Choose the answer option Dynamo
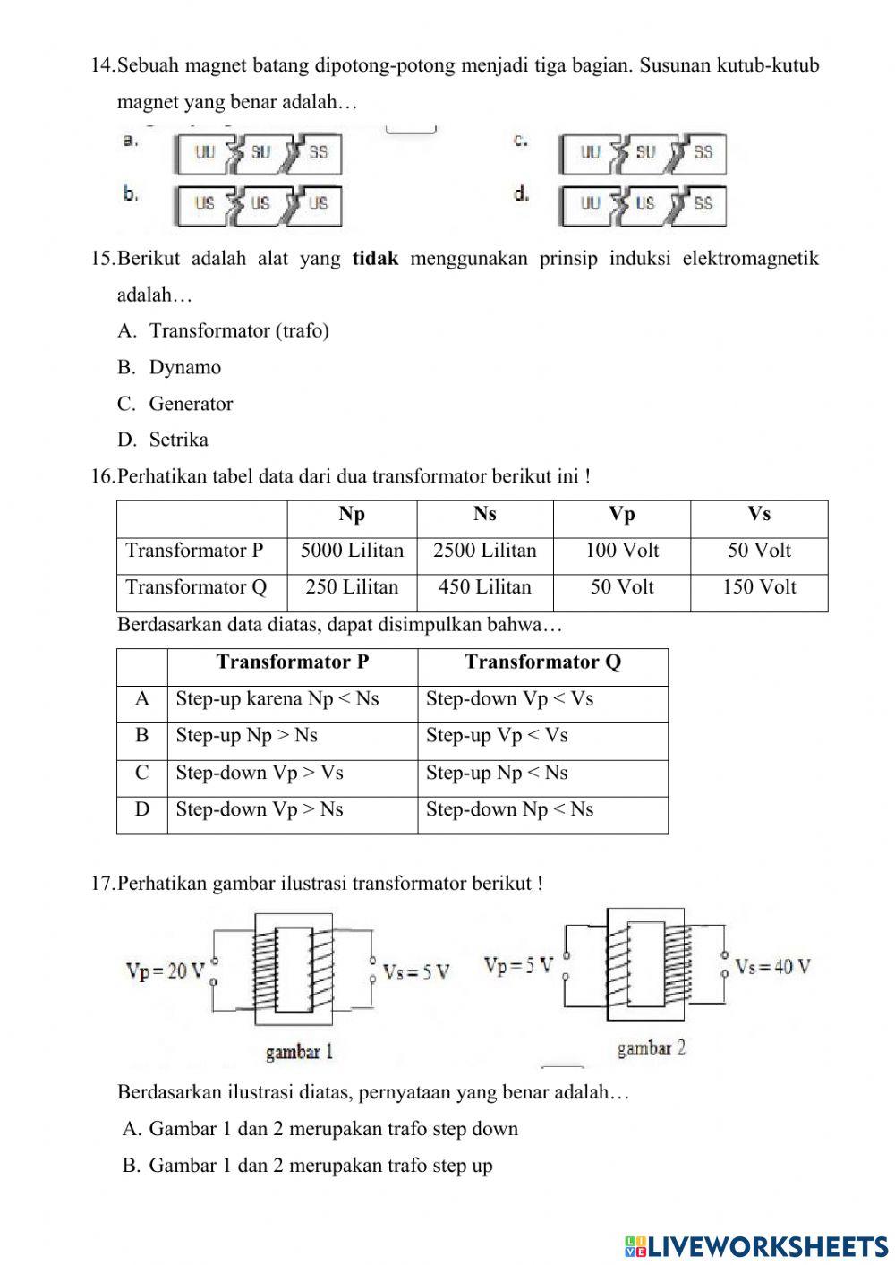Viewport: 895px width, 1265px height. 184,367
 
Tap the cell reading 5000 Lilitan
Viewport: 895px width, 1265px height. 352,551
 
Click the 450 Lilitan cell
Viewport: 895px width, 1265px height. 484,587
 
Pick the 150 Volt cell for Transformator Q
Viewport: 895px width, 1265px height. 759,587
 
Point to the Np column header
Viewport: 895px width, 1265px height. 352,514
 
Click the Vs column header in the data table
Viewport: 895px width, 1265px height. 759,514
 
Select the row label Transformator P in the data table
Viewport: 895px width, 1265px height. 195,551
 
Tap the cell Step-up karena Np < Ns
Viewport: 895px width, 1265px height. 277,699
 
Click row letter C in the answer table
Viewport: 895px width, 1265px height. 142,773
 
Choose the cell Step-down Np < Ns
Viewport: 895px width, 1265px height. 509,809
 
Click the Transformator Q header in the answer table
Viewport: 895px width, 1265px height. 542,662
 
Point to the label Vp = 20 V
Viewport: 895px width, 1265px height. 166,971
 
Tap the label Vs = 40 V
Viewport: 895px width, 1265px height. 772,967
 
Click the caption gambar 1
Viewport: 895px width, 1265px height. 299,1052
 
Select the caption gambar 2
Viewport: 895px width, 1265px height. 651,1048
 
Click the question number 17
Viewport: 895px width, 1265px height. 102,884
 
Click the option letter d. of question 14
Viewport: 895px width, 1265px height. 521,193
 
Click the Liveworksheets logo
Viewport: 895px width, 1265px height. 756,1246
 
